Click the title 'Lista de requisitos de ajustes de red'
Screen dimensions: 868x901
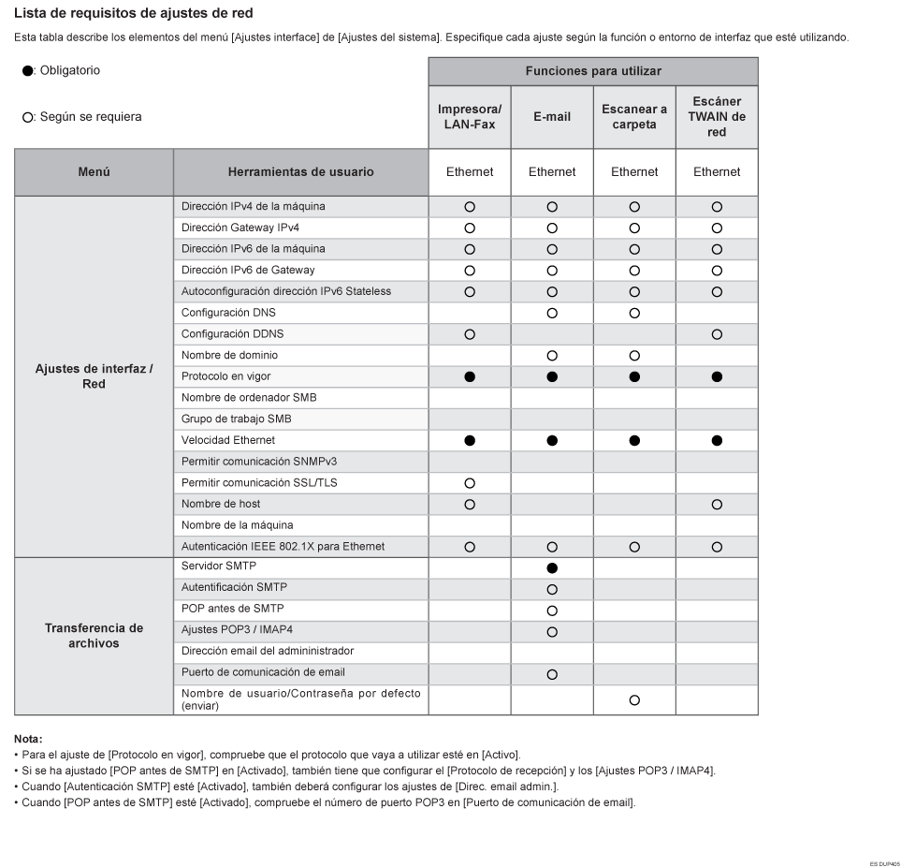tap(133, 14)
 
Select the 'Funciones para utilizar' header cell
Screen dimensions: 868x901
tap(593, 71)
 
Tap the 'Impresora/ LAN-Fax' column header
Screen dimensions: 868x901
tap(470, 117)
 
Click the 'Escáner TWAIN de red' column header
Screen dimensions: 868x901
tap(717, 117)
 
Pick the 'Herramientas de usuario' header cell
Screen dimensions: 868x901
tap(300, 172)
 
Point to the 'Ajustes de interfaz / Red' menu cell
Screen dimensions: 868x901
tap(94, 377)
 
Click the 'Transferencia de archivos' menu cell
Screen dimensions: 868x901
tap(94, 635)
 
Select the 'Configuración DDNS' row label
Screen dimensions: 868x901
tap(233, 334)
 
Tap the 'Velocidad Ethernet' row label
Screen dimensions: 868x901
tap(228, 440)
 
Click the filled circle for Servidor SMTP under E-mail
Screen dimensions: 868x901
tap(552, 568)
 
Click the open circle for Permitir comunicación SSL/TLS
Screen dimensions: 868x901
tap(470, 483)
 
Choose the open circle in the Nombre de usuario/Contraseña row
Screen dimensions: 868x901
tap(634, 700)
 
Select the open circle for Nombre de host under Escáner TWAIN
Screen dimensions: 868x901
tap(717, 505)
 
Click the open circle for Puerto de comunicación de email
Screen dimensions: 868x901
tap(552, 674)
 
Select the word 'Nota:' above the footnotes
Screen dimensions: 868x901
tap(29, 739)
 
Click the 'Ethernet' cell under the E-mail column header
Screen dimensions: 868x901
tap(552, 172)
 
